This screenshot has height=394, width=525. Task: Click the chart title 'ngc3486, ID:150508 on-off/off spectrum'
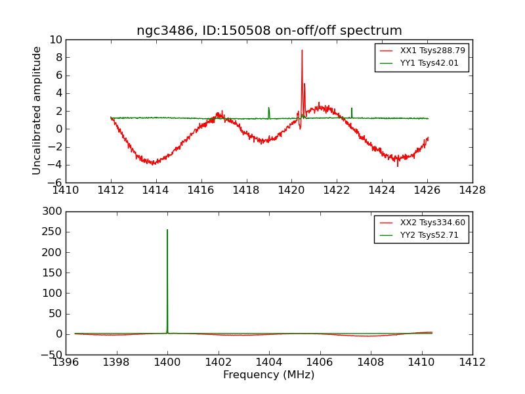pyautogui.click(x=269, y=31)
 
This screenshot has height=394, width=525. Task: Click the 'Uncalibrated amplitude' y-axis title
pyautogui.click(x=37, y=110)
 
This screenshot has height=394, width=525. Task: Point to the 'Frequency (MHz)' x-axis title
pyautogui.click(x=269, y=375)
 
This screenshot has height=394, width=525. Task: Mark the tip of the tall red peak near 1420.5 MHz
pyautogui.click(x=302, y=51)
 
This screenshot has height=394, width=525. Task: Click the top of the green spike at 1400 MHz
pyautogui.click(x=167, y=230)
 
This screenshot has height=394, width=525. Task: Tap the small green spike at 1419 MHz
pyautogui.click(x=268, y=109)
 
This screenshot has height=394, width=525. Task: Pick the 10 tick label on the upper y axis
pyautogui.click(x=55, y=39)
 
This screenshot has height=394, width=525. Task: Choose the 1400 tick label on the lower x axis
pyautogui.click(x=167, y=362)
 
